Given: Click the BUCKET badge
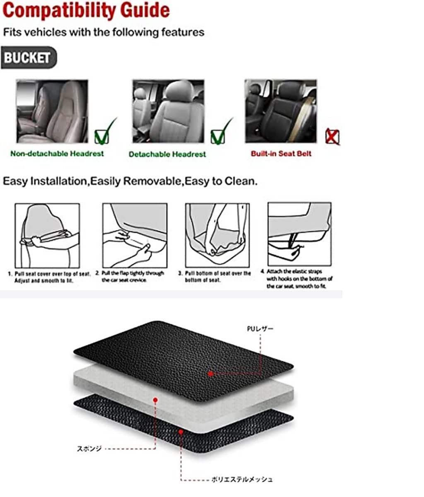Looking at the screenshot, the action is pyautogui.click(x=29, y=58).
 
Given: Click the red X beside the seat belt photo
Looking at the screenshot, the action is pyautogui.click(x=332, y=137).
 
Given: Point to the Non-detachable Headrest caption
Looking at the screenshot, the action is pyautogui.click(x=57, y=154).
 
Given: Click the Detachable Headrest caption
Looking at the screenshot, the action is pyautogui.click(x=167, y=154).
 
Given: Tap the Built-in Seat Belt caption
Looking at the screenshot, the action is pyautogui.click(x=281, y=154).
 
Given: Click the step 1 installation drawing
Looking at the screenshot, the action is pyautogui.click(x=47, y=236).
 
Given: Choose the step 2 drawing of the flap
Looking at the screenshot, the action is pyautogui.click(x=135, y=236).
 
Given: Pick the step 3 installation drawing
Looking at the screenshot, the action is pyautogui.click(x=217, y=235).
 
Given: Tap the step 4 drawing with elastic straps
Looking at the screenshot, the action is pyautogui.click(x=299, y=234).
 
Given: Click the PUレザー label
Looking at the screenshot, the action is pyautogui.click(x=260, y=329).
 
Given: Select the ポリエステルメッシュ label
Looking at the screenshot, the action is pyautogui.click(x=242, y=480).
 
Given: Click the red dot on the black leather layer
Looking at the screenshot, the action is pyautogui.click(x=211, y=374).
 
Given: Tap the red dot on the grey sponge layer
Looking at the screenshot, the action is pyautogui.click(x=155, y=400).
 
